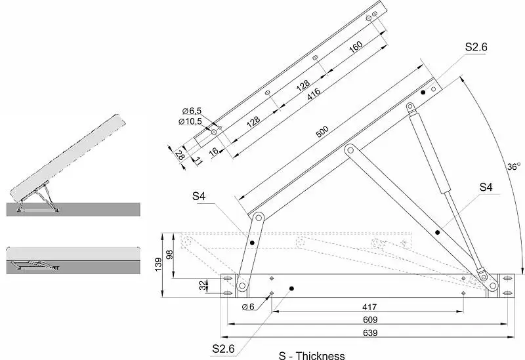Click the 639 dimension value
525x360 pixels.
click(x=370, y=333)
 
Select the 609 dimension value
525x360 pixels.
click(x=370, y=320)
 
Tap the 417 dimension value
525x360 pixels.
click(x=369, y=307)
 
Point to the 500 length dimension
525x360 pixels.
click(x=322, y=132)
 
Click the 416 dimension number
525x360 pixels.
click(x=314, y=93)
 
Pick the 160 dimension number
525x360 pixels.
click(x=356, y=47)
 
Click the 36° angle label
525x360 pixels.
click(x=514, y=167)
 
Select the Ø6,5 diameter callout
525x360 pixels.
click(x=192, y=111)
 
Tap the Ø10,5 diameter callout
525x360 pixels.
click(x=190, y=121)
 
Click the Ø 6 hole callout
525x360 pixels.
click(x=248, y=306)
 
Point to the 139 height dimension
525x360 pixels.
click(x=158, y=264)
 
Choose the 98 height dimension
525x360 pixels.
click(x=170, y=254)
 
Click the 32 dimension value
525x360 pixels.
click(x=203, y=285)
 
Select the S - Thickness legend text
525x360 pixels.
click(x=312, y=355)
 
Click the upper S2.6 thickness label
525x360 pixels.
click(x=476, y=47)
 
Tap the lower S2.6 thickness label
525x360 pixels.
click(x=223, y=349)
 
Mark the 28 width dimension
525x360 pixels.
click(x=180, y=155)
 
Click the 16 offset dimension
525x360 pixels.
click(x=214, y=151)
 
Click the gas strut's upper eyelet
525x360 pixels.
click(x=410, y=107)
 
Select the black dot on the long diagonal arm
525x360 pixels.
click(x=437, y=232)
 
